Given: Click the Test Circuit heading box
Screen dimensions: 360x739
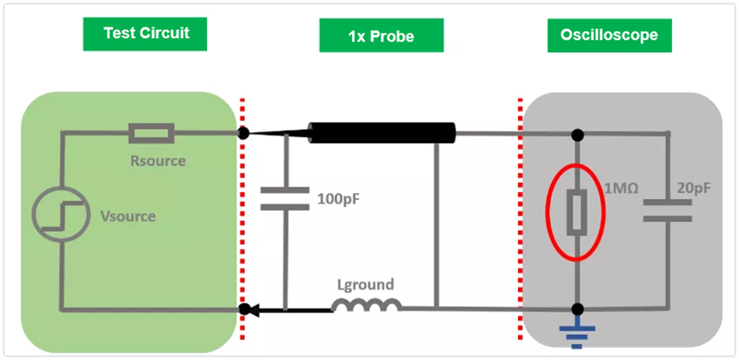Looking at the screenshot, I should click(x=146, y=34).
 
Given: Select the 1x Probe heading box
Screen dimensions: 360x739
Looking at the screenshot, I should click(x=380, y=36).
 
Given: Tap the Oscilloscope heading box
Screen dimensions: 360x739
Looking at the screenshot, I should click(x=609, y=35).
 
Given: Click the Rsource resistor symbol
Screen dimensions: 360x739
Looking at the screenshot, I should click(x=152, y=134).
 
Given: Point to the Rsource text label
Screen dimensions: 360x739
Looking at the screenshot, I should click(x=158, y=161).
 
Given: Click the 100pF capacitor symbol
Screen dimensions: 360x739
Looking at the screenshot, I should click(x=286, y=198).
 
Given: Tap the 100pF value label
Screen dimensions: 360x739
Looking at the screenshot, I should click(x=338, y=197).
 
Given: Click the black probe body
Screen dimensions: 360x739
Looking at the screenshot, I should click(x=380, y=134).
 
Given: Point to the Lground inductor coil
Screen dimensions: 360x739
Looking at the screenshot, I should click(x=366, y=305).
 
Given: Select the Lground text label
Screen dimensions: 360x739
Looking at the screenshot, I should click(x=365, y=285).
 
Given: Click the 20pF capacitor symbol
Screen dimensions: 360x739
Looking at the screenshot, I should click(x=668, y=211).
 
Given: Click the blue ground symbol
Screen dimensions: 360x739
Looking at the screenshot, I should click(x=576, y=333).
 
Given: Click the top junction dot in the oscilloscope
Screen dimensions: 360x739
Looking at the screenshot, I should click(x=576, y=134).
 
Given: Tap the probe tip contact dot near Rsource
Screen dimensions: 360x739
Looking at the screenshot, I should click(x=243, y=134).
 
